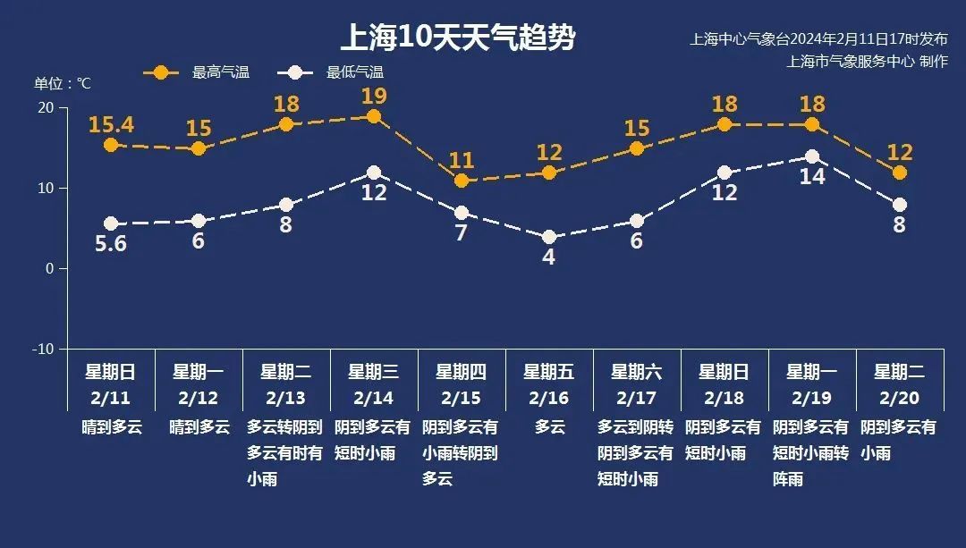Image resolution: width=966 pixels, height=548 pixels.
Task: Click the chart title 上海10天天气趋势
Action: click(x=457, y=38)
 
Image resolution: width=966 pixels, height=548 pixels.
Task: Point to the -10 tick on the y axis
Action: click(x=44, y=349)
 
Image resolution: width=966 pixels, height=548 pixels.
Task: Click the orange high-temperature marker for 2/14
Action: click(x=374, y=116)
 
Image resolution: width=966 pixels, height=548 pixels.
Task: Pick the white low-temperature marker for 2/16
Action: click(x=549, y=237)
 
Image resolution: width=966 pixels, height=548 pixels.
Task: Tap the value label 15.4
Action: click(x=111, y=124)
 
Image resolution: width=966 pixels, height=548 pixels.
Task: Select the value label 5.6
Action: click(x=111, y=243)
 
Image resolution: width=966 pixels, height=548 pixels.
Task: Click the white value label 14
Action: click(x=812, y=177)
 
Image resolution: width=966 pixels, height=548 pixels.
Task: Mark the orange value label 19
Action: click(x=374, y=96)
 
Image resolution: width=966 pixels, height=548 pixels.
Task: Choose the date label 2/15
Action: click(x=462, y=397)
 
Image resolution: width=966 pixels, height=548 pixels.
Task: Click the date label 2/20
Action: click(x=900, y=397)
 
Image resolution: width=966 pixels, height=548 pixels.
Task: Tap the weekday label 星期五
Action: click(x=549, y=371)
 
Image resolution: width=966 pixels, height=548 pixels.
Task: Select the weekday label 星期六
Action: click(x=637, y=371)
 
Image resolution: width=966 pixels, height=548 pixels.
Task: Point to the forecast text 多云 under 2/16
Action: click(x=550, y=427)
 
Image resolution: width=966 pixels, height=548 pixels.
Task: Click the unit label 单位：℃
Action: click(x=63, y=83)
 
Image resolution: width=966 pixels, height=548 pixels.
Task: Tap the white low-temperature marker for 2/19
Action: click(x=812, y=156)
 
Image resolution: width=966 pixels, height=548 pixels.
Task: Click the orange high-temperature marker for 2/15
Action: click(x=462, y=181)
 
